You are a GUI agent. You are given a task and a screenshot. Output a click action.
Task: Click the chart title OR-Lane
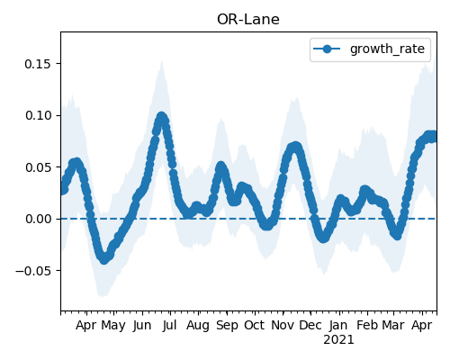point(248,20)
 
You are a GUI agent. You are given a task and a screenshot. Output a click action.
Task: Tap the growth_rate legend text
point(387,49)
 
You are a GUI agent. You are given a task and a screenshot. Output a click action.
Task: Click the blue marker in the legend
point(327,49)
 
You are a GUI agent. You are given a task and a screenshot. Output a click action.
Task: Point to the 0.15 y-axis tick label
point(38,64)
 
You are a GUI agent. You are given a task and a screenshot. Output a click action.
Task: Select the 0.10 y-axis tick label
point(38,115)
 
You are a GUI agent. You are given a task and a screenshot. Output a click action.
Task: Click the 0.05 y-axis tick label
point(38,167)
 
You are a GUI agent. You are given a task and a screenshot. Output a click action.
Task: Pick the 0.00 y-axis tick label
point(38,219)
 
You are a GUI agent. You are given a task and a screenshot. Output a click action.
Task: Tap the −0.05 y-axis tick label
point(33,271)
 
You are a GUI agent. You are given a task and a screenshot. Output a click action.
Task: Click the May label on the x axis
point(113,326)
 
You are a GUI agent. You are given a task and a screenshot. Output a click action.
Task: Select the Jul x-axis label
point(170,325)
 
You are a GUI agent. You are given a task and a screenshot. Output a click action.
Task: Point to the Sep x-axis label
point(227,326)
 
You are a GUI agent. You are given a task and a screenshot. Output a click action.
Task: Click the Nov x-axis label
point(283,325)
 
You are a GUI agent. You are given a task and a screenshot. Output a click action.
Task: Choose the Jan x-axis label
point(338,325)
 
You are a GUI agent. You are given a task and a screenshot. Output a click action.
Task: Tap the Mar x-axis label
point(393,325)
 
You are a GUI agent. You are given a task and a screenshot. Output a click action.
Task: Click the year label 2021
point(338,340)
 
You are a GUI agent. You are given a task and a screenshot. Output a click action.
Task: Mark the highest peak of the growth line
point(161,117)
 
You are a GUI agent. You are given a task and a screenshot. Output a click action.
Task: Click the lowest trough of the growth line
point(103,259)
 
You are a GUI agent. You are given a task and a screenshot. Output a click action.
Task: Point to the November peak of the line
point(296,147)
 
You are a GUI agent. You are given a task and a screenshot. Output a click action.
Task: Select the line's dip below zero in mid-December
point(323,238)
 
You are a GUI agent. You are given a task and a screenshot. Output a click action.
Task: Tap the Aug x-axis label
point(198,326)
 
